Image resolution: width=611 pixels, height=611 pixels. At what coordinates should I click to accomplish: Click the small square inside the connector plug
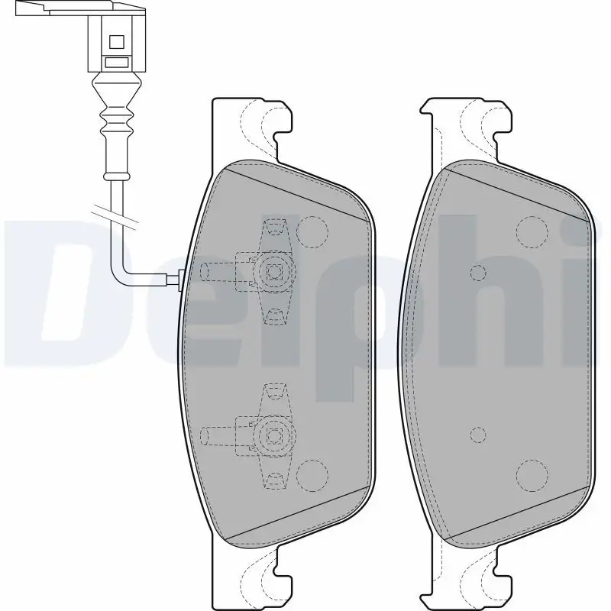tap(117, 42)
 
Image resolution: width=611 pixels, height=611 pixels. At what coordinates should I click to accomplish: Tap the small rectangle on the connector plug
tap(117, 62)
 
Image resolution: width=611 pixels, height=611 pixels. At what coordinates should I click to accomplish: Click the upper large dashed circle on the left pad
tap(312, 232)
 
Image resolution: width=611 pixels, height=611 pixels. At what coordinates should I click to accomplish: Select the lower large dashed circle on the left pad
tap(312, 475)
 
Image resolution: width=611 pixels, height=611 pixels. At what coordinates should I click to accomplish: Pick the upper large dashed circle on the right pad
tap(532, 232)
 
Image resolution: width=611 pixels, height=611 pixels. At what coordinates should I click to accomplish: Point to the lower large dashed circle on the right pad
tap(532, 475)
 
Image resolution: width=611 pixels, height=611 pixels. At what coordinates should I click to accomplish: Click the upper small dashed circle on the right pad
tap(478, 273)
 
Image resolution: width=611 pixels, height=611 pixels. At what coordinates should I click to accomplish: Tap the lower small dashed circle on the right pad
tap(478, 435)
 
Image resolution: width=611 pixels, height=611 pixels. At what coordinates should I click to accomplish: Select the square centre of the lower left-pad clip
tap(274, 435)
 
